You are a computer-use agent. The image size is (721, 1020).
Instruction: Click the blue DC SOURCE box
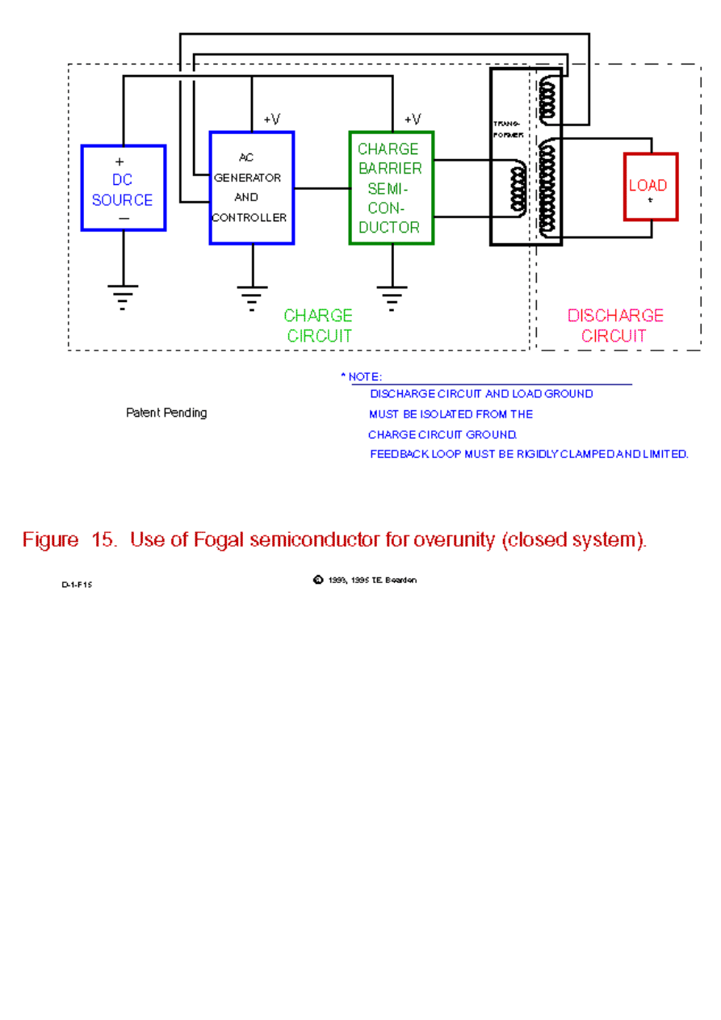[123, 188]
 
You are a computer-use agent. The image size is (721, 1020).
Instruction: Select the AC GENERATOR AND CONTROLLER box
[251, 187]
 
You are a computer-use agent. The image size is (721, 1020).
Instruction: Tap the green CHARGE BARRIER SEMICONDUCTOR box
[391, 187]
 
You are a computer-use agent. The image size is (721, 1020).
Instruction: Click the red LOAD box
[650, 187]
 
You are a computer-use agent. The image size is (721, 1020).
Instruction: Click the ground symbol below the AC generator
[252, 296]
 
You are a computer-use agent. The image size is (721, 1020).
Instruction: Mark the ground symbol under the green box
[392, 296]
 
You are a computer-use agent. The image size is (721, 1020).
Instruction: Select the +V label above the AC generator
[272, 120]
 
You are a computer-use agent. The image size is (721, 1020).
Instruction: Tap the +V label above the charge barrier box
[412, 120]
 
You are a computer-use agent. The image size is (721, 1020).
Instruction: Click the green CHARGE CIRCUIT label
[318, 325]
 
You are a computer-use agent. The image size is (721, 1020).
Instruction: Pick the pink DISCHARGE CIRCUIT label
[614, 325]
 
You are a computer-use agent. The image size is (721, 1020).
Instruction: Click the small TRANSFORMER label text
[509, 128]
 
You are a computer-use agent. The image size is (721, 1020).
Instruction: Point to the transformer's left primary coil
[518, 189]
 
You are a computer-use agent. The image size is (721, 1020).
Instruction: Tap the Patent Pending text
[166, 413]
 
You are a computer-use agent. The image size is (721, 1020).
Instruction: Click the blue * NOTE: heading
[361, 377]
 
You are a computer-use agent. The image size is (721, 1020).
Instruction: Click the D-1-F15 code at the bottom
[77, 585]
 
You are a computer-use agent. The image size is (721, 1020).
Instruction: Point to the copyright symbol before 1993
[318, 580]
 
